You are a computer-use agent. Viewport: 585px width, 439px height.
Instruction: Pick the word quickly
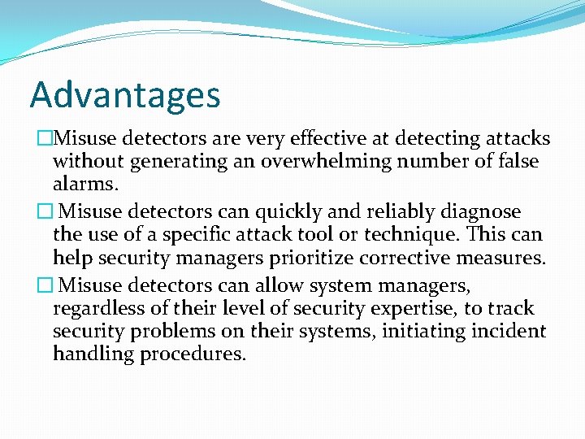[x=295, y=212]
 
